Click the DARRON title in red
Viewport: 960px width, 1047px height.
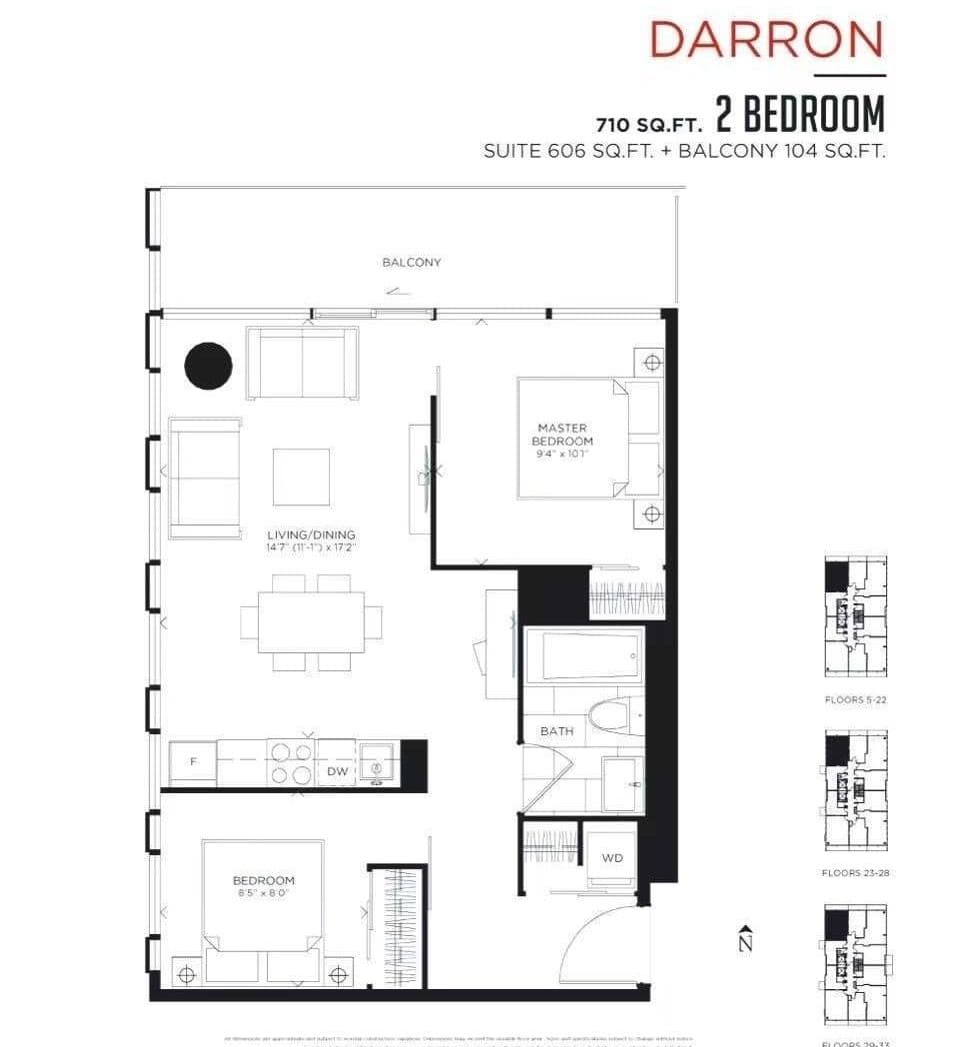[x=766, y=40]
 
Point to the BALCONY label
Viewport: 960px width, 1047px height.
[x=411, y=263]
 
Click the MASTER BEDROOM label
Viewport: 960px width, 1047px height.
[x=561, y=435]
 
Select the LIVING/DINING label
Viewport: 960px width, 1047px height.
[x=311, y=534]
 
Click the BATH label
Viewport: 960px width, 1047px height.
[x=557, y=731]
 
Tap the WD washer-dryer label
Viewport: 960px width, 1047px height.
[x=612, y=858]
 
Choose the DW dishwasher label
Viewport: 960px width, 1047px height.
[x=336, y=771]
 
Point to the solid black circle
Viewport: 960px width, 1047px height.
[x=209, y=366]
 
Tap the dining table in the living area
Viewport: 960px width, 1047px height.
[x=310, y=621]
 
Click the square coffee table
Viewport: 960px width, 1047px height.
[x=301, y=477]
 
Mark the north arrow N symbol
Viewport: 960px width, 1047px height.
[x=745, y=940]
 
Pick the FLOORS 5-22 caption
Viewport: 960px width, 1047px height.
[x=855, y=700]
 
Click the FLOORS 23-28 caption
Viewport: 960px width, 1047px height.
[x=855, y=873]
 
